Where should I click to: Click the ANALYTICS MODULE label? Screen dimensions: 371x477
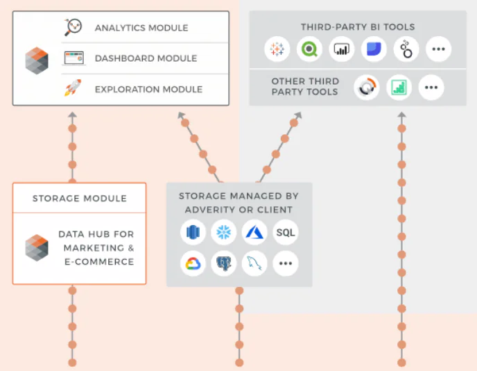click(x=141, y=28)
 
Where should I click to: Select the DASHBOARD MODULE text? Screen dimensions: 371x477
click(x=146, y=58)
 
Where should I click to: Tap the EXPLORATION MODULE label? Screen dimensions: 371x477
click(x=148, y=89)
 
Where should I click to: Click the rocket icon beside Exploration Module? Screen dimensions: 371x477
click(x=73, y=88)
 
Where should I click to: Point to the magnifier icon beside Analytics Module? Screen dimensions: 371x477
click(x=73, y=28)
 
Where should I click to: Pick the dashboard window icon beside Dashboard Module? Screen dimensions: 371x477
click(x=73, y=58)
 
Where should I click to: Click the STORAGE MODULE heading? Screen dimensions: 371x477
click(x=80, y=199)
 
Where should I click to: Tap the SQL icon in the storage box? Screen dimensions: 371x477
click(x=286, y=232)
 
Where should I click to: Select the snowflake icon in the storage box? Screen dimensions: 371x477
click(x=224, y=232)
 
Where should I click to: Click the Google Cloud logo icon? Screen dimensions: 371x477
click(x=193, y=263)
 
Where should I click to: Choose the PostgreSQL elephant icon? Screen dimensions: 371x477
click(x=224, y=263)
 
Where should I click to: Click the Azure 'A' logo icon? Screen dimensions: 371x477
click(x=254, y=232)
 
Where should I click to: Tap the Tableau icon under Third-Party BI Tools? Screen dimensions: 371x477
click(x=277, y=49)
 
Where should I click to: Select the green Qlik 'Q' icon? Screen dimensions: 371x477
click(x=309, y=49)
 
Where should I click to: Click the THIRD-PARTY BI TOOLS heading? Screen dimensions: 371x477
click(x=358, y=27)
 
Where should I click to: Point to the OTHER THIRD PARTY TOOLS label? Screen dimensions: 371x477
click(x=304, y=87)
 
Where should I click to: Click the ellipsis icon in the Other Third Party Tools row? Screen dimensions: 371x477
click(x=431, y=88)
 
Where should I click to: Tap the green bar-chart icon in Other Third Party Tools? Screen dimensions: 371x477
click(x=399, y=88)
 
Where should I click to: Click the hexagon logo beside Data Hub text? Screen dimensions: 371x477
click(x=37, y=247)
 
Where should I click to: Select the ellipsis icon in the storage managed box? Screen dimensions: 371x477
click(x=286, y=263)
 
